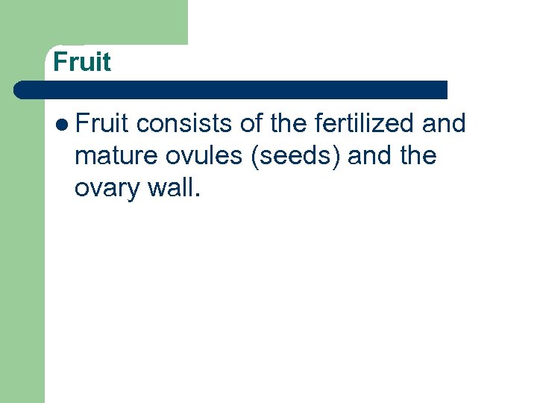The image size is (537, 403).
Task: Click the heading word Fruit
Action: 82,62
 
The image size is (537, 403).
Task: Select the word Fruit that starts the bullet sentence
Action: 102,123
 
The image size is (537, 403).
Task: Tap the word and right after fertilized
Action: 444,123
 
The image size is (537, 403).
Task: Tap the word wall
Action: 170,188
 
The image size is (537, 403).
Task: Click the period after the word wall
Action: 197,196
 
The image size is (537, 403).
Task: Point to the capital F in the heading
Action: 60,62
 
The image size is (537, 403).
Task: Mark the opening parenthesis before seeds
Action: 256,156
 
